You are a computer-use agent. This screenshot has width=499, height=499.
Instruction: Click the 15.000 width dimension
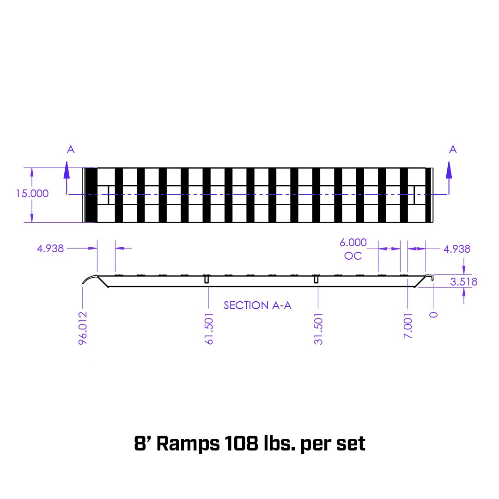[x=32, y=194]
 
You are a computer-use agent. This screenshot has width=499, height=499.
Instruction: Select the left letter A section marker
[x=71, y=149]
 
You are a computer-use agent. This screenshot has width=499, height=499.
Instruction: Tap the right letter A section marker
[x=453, y=149]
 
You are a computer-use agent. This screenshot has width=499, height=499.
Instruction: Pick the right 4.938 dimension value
[x=456, y=249]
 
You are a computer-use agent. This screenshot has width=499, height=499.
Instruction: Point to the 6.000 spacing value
[x=353, y=243]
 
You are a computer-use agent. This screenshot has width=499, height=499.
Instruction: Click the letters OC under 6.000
[x=353, y=256]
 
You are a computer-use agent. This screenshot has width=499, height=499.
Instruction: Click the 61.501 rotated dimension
[x=209, y=329]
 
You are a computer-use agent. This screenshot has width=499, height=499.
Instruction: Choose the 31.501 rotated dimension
[x=318, y=329]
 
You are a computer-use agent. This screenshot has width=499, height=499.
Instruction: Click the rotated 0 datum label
[x=433, y=315]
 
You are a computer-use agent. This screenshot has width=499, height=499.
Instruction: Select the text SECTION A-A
[x=257, y=305]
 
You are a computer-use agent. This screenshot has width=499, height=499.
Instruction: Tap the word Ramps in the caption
[x=188, y=444]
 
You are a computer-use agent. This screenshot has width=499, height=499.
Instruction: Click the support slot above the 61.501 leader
[x=207, y=280]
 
